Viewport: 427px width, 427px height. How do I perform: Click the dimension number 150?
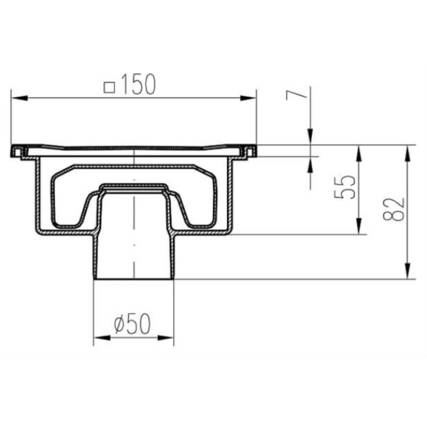coord(138,85)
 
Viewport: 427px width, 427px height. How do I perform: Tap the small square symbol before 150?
coord(109,88)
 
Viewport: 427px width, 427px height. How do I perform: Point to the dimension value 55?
coord(345,187)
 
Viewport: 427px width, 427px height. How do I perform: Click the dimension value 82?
coord(394,209)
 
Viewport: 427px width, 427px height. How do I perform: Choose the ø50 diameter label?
coord(132,324)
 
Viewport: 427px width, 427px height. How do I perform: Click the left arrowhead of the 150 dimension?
coord(20,98)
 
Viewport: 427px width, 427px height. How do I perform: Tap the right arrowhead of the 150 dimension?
coord(248,98)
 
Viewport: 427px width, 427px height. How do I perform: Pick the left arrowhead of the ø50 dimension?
coord(102,338)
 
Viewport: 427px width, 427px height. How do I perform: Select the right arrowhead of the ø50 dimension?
coord(165,338)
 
